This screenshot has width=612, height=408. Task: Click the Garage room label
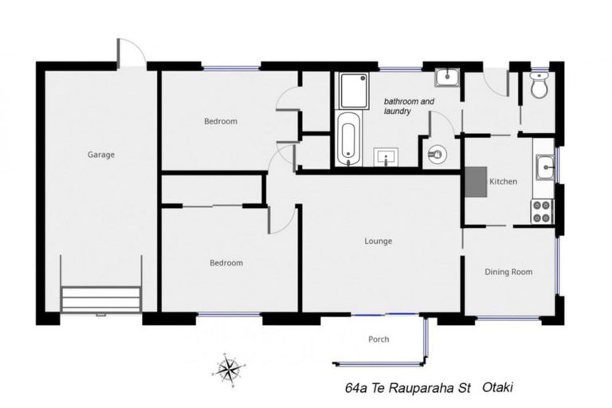(101, 155)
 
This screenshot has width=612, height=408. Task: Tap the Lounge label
(379, 241)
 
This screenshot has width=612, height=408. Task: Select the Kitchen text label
(504, 182)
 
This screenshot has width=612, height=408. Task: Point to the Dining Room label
(508, 272)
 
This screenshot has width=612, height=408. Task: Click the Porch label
(379, 339)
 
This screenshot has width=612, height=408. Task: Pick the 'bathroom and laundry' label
(410, 107)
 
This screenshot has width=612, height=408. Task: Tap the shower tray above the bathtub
(353, 91)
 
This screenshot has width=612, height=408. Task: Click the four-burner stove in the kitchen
(543, 210)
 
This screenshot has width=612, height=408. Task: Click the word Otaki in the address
(498, 388)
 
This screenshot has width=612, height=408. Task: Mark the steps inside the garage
(101, 300)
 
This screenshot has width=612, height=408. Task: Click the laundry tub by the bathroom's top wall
(446, 77)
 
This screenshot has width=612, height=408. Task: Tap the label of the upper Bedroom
(220, 122)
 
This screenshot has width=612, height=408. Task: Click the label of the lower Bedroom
(226, 263)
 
